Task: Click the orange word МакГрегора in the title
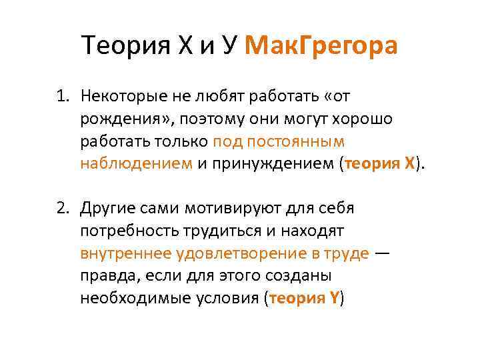pyautogui.click(x=321, y=46)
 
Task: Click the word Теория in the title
pyautogui.click(x=127, y=46)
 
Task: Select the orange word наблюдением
pyautogui.click(x=135, y=164)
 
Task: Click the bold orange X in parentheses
pyautogui.click(x=409, y=164)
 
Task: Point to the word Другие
pyautogui.click(x=107, y=208)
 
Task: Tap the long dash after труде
pyautogui.click(x=384, y=253)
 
